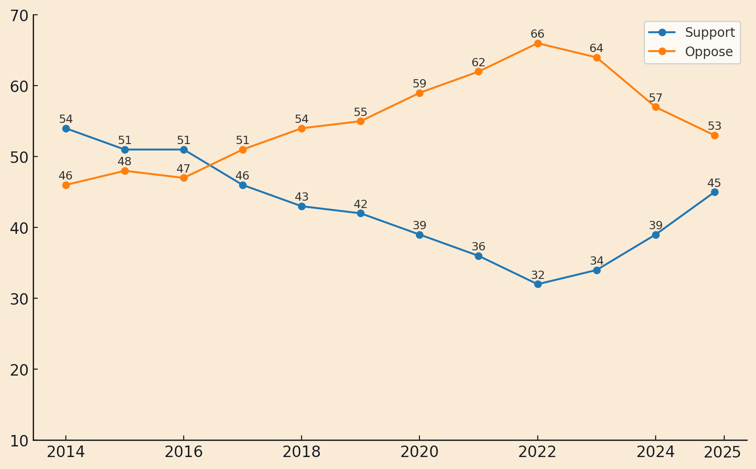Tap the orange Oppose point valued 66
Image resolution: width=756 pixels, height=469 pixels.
[x=538, y=43]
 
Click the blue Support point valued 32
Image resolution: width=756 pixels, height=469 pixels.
[x=538, y=284]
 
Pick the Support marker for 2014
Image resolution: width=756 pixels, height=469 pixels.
[x=66, y=128]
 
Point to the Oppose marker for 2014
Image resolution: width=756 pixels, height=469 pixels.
[x=66, y=185]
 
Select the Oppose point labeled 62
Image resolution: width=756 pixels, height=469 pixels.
[x=478, y=71]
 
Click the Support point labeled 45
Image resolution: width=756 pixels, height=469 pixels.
[x=715, y=192]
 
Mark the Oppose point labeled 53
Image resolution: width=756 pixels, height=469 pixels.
[x=715, y=135]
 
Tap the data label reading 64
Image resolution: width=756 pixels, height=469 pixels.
[x=596, y=48]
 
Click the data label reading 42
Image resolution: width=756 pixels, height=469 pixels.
[x=361, y=204]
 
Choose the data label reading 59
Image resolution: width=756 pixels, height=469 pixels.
[x=419, y=84]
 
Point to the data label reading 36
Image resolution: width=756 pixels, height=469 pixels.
[x=478, y=247]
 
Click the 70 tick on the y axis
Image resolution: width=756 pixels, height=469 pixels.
[x=19, y=15]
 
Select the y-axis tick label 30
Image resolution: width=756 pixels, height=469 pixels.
[x=19, y=299]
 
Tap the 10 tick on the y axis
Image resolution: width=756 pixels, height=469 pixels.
[x=19, y=440]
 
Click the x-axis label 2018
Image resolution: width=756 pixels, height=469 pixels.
[x=302, y=452]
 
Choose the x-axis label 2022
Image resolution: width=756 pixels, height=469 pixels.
[x=537, y=452]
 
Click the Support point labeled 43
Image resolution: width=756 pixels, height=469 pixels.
[x=302, y=206]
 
